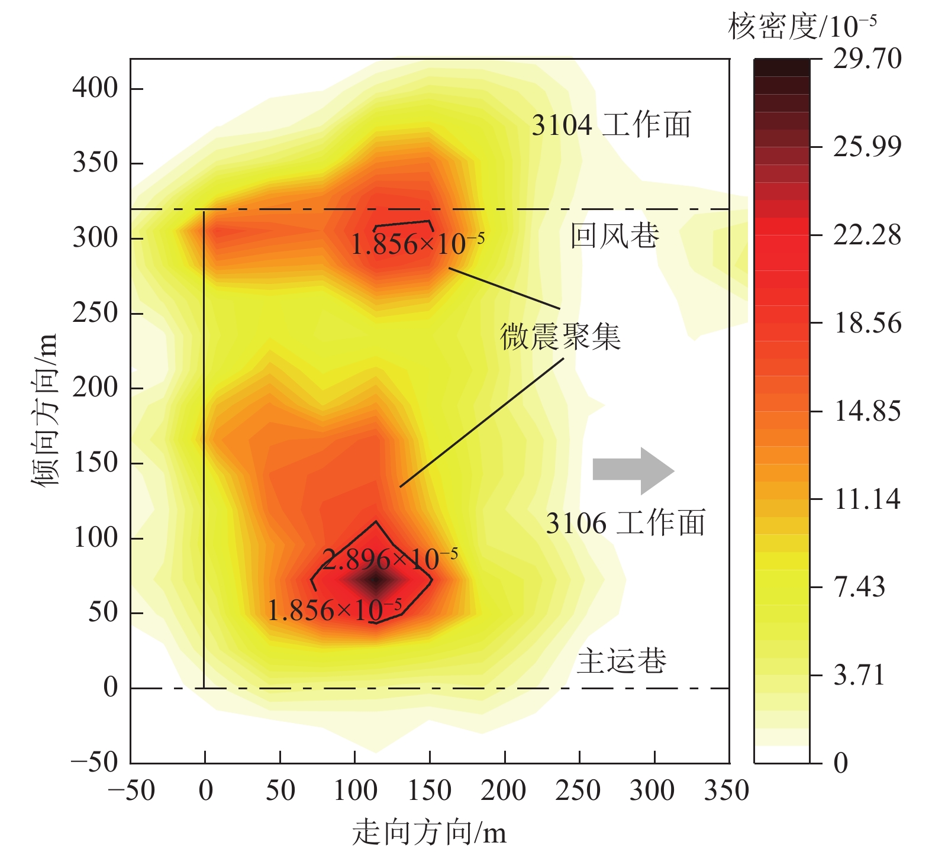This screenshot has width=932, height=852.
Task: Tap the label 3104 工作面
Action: (x=611, y=125)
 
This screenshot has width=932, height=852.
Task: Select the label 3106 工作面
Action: (x=625, y=524)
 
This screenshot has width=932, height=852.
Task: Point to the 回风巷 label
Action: (x=615, y=236)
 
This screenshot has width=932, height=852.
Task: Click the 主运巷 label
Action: (x=622, y=661)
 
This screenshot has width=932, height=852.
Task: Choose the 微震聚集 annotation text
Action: (x=560, y=337)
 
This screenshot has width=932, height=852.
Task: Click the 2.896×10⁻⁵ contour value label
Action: (x=390, y=559)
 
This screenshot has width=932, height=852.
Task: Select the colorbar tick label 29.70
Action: (x=867, y=59)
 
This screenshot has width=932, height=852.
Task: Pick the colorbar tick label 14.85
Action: (x=867, y=411)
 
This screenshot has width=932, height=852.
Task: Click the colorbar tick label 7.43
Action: (x=859, y=587)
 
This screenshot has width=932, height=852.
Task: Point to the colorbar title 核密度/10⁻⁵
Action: (x=802, y=27)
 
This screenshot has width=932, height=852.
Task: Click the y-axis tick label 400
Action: (x=95, y=88)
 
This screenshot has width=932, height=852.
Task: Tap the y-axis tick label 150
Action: (x=95, y=463)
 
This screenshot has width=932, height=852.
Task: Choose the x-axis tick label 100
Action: (x=355, y=791)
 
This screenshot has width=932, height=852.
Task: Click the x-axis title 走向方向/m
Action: (x=429, y=833)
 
